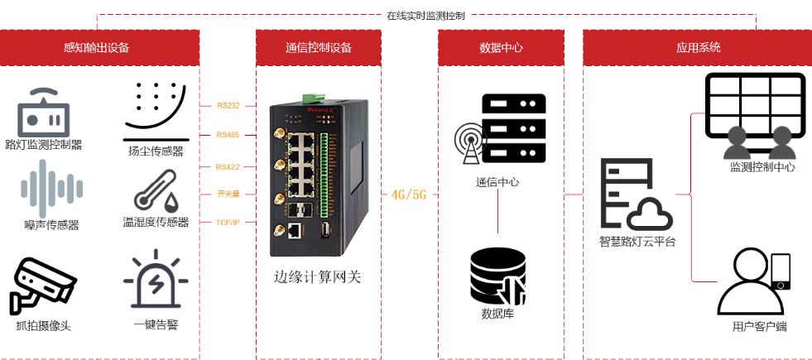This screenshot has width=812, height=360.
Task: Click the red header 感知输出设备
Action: [99, 48]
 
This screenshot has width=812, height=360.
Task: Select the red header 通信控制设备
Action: [319, 48]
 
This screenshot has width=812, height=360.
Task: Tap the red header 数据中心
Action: [501, 48]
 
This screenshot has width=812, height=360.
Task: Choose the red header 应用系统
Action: [698, 48]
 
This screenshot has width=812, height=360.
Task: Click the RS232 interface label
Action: [228, 105]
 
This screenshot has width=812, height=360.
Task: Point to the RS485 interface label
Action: [228, 134]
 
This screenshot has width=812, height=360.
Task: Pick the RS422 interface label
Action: [228, 166]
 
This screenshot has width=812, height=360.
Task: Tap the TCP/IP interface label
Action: [228, 223]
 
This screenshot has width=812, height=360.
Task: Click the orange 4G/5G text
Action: [408, 194]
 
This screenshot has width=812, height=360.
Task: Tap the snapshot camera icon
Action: [43, 285]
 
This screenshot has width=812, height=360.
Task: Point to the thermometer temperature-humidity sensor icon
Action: [156, 191]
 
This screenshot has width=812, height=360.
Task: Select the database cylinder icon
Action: [497, 276]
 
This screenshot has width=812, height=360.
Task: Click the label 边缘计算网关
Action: [318, 277]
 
